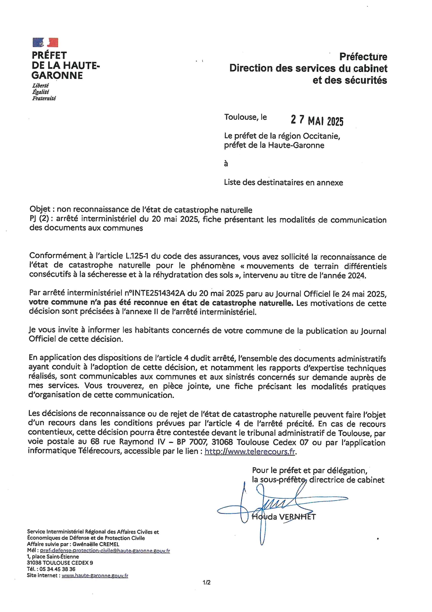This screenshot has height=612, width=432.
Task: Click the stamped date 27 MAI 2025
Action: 317,120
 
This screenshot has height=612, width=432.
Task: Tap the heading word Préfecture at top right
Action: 363,56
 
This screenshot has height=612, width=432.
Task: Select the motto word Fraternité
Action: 44,98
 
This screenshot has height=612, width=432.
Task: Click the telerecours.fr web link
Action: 250,452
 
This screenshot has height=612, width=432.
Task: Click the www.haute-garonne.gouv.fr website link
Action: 95,575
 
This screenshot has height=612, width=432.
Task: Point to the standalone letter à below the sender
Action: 226,164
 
